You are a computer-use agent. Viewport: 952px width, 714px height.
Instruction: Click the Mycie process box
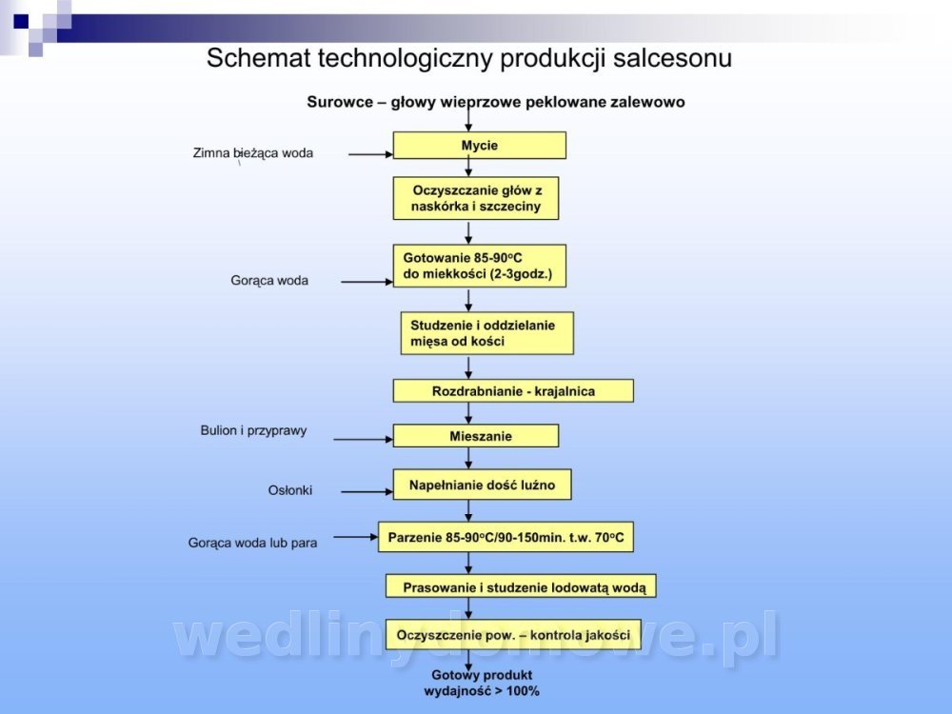point(480,146)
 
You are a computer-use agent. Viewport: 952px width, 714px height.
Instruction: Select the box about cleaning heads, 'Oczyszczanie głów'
point(475,198)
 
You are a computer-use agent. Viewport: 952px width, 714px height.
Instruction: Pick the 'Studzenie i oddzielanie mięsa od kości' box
point(486,332)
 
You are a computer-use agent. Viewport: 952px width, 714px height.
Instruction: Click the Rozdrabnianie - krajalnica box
point(513,390)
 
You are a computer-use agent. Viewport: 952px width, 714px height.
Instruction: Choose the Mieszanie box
point(476,436)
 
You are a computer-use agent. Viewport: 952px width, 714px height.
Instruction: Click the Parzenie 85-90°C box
point(506,538)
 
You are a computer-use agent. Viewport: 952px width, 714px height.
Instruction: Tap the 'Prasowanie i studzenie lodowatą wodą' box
point(521,586)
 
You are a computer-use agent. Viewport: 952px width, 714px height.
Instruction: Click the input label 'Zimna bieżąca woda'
point(252,152)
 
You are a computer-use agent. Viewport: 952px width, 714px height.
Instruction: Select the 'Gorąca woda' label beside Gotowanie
point(269,281)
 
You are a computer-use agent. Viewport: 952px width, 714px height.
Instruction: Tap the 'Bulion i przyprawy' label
point(253,430)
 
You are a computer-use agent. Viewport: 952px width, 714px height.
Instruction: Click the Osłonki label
point(289,490)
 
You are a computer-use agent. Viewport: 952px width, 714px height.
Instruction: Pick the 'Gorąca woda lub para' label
point(252,543)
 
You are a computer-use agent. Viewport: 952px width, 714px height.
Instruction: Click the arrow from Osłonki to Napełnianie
point(367,491)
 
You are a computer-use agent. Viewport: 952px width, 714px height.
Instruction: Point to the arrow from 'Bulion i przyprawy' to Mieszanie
point(362,439)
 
